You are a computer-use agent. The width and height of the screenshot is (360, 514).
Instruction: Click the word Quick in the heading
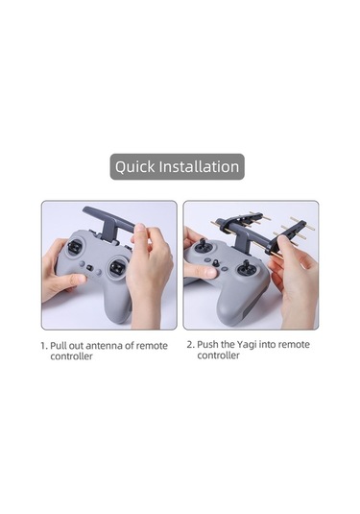(x=134, y=167)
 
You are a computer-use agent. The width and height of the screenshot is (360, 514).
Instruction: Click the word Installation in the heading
(x=199, y=166)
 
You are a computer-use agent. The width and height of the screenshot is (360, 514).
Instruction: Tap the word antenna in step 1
(x=106, y=346)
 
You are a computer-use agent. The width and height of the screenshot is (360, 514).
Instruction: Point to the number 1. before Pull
(x=44, y=346)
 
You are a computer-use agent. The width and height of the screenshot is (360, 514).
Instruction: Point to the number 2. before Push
(x=191, y=345)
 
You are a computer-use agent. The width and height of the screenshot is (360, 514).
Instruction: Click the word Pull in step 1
(x=59, y=346)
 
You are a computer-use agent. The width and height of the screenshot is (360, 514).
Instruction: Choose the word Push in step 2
(x=206, y=345)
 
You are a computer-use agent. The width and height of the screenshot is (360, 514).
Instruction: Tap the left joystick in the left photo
(x=75, y=247)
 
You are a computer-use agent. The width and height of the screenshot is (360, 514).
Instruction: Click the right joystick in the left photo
(x=116, y=266)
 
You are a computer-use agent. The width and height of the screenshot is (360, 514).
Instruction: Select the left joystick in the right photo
(x=201, y=246)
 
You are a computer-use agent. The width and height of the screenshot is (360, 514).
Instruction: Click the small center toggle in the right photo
(x=216, y=263)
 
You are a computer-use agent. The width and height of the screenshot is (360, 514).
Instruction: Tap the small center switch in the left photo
(x=89, y=267)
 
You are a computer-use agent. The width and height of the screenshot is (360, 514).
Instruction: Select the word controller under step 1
(x=71, y=356)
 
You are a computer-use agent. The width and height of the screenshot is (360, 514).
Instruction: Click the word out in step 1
(x=77, y=346)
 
